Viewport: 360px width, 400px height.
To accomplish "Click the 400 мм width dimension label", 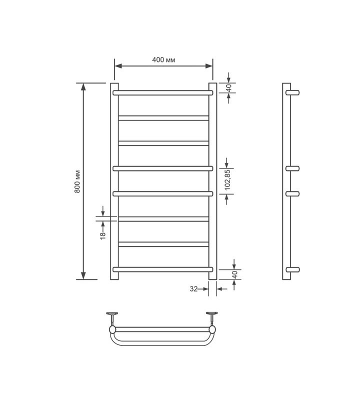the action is pyautogui.click(x=163, y=60).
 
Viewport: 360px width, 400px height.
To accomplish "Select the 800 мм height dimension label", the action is pyautogui.click(x=77, y=181).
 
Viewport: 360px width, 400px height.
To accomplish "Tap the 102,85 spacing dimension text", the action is pyautogui.click(x=227, y=179).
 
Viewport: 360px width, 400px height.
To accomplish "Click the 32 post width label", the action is pyautogui.click(x=193, y=289).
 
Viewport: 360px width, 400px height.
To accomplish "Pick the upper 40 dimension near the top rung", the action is pyautogui.click(x=228, y=88).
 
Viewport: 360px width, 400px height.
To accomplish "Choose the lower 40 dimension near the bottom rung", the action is pyautogui.click(x=235, y=274).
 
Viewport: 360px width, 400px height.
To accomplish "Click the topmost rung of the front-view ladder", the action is pyautogui.click(x=163, y=92).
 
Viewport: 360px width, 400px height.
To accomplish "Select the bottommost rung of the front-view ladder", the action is pyautogui.click(x=163, y=269).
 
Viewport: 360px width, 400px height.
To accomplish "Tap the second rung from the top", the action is pyautogui.click(x=163, y=118).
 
